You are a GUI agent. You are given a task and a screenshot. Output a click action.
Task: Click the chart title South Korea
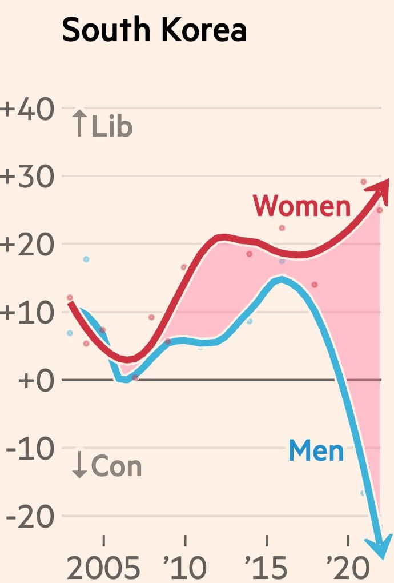coord(154,30)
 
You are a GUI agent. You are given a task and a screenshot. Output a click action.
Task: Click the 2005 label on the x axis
coord(103,568)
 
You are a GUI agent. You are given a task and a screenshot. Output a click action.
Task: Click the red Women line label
coord(301,205)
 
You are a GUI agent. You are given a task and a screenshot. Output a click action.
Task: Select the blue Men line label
coord(316,451)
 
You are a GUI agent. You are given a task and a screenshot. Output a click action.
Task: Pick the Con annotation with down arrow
coord(107,465)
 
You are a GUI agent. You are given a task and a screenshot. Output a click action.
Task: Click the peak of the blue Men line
coord(281,279)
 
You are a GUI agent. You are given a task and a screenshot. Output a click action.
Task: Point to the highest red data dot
coord(363,182)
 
